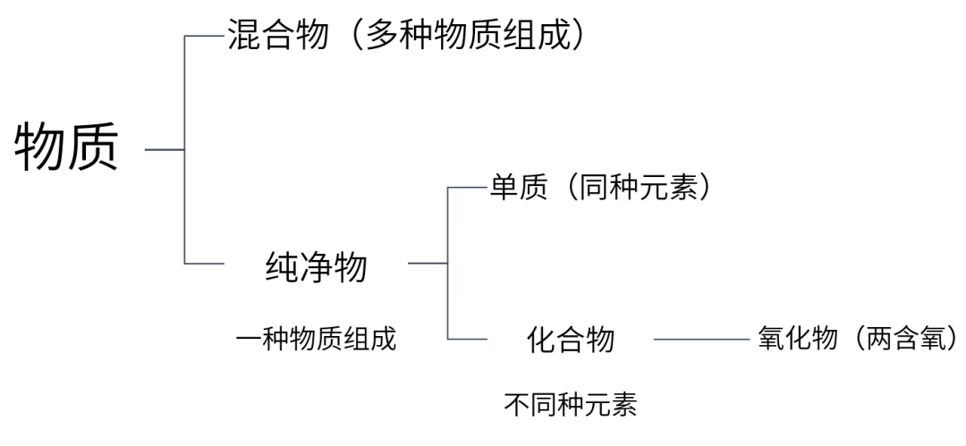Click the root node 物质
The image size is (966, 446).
coord(65,148)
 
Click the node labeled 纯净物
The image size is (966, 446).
coord(316,265)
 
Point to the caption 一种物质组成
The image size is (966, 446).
coord(316,340)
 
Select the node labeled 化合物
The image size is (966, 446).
coord(571,340)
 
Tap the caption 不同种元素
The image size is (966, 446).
coord(571,405)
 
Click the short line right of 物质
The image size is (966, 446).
coord(165,149)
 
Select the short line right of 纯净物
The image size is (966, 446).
coord(427,264)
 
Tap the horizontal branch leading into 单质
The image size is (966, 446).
coord(467,188)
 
